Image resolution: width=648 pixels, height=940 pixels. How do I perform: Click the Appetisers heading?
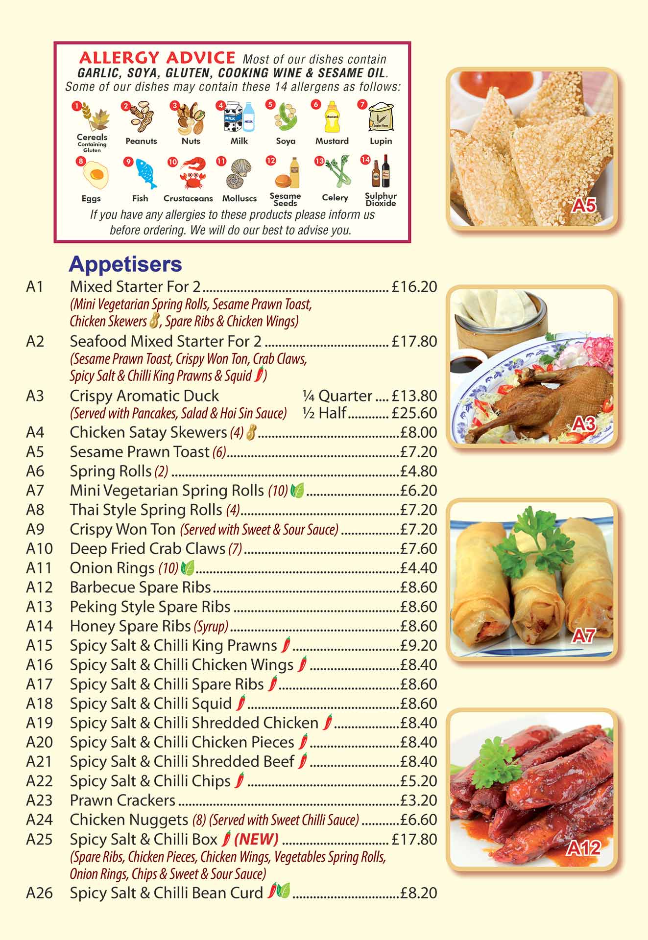click(x=125, y=264)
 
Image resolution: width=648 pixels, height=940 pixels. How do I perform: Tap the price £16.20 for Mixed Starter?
click(x=414, y=287)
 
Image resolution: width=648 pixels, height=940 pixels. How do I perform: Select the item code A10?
click(x=39, y=549)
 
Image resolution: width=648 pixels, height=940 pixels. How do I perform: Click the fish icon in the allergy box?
click(x=145, y=174)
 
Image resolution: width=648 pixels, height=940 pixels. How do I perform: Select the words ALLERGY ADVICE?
click(x=157, y=58)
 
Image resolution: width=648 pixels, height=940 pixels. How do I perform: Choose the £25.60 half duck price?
click(x=414, y=413)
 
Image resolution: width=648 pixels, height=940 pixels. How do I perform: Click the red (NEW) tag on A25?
click(x=256, y=840)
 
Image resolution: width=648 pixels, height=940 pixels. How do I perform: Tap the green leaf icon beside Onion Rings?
click(x=187, y=568)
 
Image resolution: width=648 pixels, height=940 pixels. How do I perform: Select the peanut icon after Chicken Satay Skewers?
click(x=252, y=432)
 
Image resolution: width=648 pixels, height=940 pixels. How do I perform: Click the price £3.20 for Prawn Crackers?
click(x=419, y=800)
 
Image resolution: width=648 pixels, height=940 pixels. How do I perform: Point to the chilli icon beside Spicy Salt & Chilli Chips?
click(x=240, y=780)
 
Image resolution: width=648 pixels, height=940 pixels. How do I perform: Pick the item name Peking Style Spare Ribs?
click(x=150, y=607)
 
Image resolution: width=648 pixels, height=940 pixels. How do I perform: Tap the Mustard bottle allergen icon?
click(x=332, y=117)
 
